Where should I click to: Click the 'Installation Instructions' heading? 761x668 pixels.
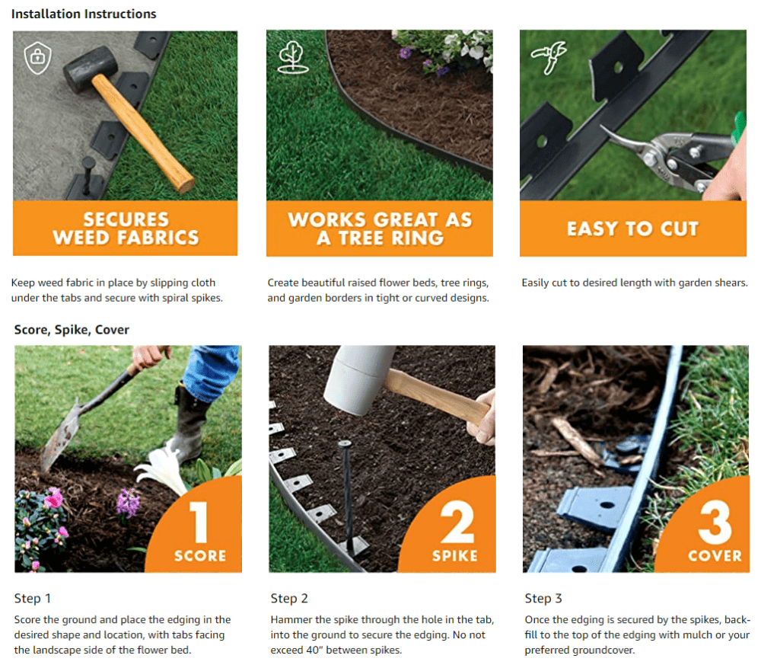click(x=84, y=14)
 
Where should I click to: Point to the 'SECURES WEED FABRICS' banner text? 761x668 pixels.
click(x=126, y=229)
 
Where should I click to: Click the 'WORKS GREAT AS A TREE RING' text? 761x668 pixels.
click(x=380, y=229)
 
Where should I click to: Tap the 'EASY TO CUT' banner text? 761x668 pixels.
click(x=632, y=229)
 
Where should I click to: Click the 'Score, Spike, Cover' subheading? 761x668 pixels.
click(x=72, y=330)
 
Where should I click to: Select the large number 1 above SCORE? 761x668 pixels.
click(x=199, y=520)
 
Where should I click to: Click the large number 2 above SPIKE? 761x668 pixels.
click(x=455, y=520)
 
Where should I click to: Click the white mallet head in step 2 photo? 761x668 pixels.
click(x=357, y=377)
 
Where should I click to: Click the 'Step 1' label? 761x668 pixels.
click(x=33, y=599)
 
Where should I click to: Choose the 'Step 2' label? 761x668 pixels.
click(x=289, y=599)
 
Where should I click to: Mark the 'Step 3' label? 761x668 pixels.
click(x=543, y=599)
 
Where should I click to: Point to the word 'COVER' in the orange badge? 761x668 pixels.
click(x=715, y=555)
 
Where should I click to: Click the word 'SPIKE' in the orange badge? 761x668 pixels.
click(x=455, y=555)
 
